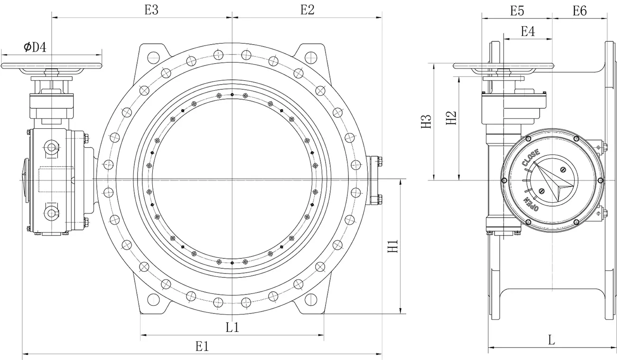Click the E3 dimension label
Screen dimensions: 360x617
coord(151,10)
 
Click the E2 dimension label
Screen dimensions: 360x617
coord(307,10)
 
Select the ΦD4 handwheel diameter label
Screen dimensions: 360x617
coord(35,47)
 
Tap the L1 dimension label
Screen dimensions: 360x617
coord(232,327)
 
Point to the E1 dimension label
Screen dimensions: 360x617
coord(202,346)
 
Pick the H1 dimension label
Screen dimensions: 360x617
coord(393,246)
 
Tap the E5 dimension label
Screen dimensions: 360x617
coord(517,11)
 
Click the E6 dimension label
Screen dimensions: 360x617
coord(580,11)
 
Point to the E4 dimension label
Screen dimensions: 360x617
coord(528,31)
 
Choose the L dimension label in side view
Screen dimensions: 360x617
coord(551,340)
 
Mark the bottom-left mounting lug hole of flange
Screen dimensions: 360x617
coord(153,300)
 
